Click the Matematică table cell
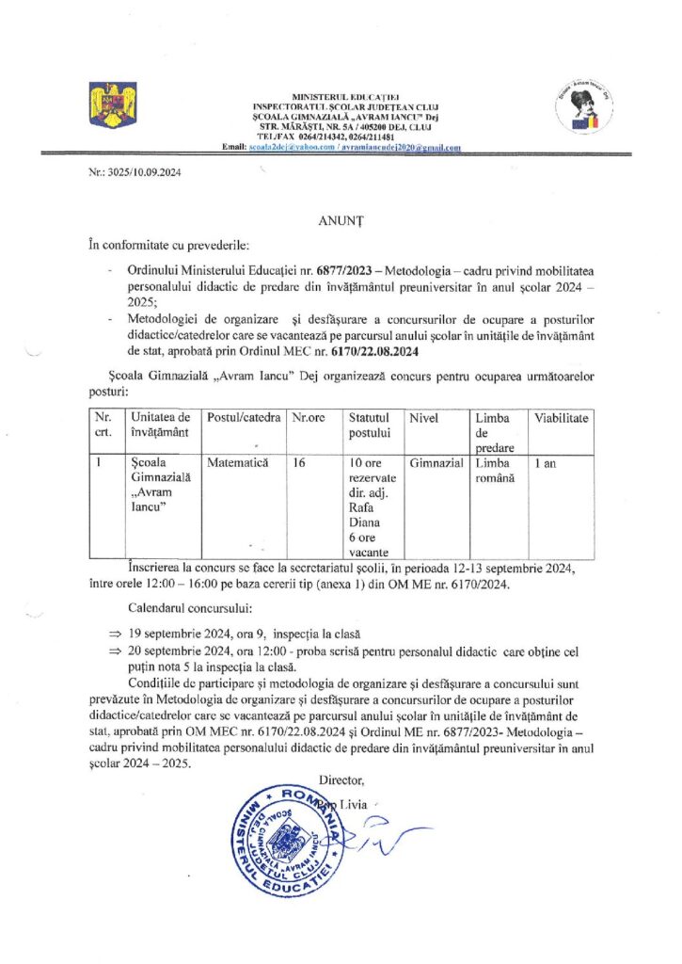pyautogui.click(x=238, y=463)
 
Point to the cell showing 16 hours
pyautogui.click(x=299, y=463)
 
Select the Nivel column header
pyautogui.click(x=425, y=417)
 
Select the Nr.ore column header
pyautogui.click(x=308, y=417)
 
